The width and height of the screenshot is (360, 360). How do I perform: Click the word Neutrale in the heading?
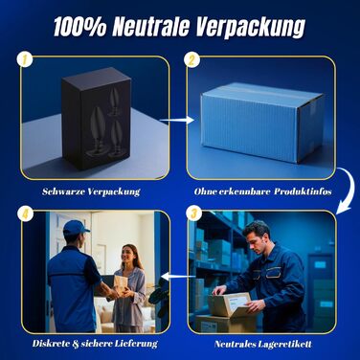(x=150, y=26)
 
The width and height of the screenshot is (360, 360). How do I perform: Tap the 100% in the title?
(x=79, y=26)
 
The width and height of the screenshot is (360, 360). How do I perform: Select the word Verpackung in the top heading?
(x=250, y=28)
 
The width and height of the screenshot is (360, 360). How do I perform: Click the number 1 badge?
(x=26, y=59)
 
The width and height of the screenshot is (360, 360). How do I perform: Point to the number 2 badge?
(x=191, y=59)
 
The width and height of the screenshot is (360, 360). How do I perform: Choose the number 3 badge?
(x=193, y=214)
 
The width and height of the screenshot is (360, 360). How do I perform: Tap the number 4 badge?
(x=26, y=214)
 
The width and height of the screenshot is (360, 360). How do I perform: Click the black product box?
(x=97, y=118)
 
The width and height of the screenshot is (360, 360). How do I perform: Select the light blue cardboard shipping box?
(x=261, y=123)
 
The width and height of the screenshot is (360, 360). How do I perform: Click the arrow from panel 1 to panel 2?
(x=177, y=121)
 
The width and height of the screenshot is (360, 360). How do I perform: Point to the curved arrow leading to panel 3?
(x=347, y=191)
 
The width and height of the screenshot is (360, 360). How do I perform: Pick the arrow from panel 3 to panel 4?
(x=178, y=276)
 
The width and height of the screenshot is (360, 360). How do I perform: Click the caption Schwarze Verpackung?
(x=91, y=191)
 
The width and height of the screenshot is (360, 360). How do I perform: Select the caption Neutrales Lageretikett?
(x=263, y=344)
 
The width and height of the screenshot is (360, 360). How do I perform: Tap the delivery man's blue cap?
(x=76, y=228)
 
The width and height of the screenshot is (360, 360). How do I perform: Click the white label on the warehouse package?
(x=237, y=301)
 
